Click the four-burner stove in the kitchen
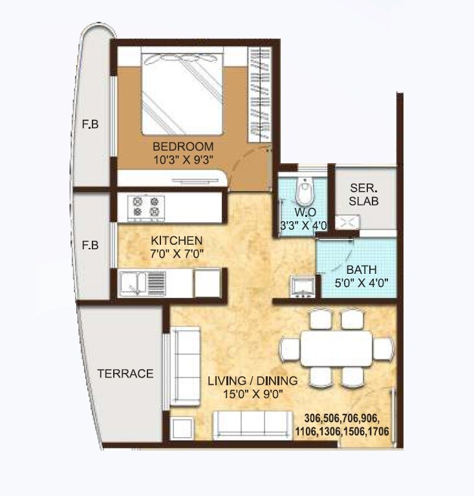pyautogui.click(x=146, y=207)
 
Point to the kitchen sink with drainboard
pyautogui.click(x=143, y=283)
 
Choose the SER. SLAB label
pyautogui.click(x=363, y=194)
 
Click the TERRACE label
pyautogui.click(x=125, y=374)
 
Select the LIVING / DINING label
pyautogui.click(x=253, y=380)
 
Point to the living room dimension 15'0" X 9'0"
pyautogui.click(x=253, y=393)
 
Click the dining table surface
pyautogui.click(x=336, y=349)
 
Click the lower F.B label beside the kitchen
pyautogui.click(x=90, y=245)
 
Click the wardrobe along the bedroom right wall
pyautogui.click(x=261, y=95)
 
